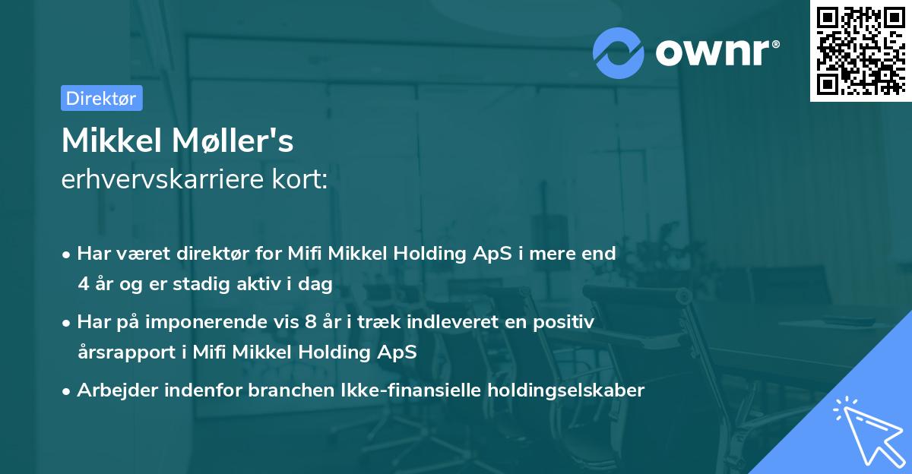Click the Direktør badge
click(101, 98)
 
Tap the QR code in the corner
click(860, 50)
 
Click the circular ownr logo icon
click(619, 52)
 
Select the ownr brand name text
click(717, 52)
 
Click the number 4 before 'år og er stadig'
click(83, 284)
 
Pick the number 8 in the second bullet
click(309, 322)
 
